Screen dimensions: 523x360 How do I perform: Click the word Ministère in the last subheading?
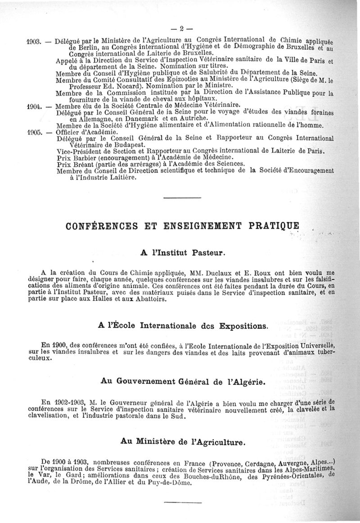[167, 442]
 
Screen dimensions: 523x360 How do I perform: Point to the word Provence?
[240, 463]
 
